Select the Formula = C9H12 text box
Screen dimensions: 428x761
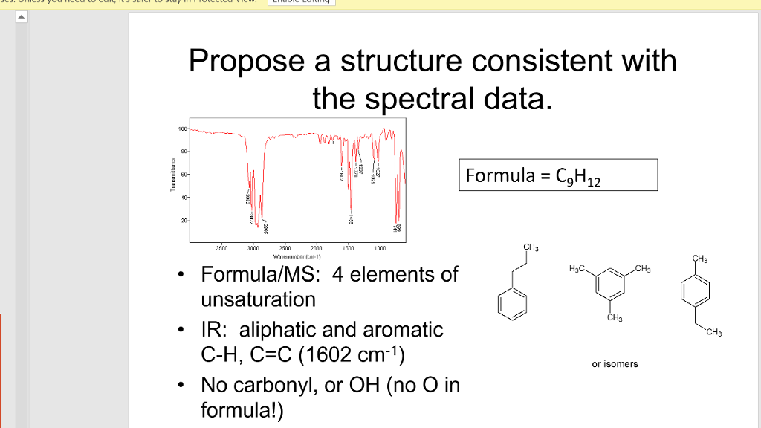(557, 175)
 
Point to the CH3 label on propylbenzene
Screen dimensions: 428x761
(530, 247)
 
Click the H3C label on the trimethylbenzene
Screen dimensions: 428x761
(577, 268)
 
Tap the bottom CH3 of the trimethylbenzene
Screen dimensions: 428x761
(613, 319)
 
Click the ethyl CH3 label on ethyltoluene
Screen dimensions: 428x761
(714, 332)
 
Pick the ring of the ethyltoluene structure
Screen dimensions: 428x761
(693, 291)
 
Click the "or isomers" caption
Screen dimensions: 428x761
(615, 364)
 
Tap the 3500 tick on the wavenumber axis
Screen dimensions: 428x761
(221, 248)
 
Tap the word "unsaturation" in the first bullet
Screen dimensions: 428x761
(258, 299)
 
